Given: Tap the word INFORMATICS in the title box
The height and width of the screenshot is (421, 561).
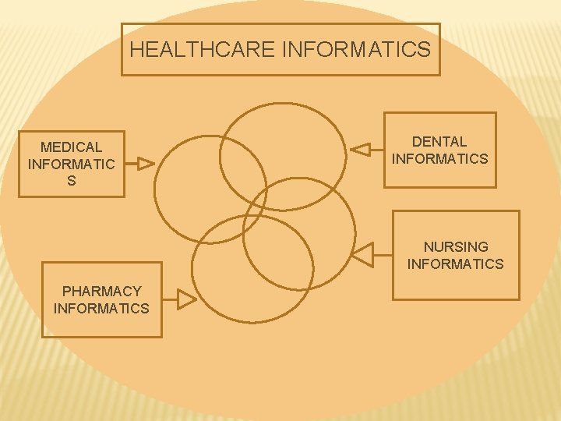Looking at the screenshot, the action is pos(355,50).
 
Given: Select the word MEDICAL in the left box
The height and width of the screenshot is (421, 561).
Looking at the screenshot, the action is pos(71,147).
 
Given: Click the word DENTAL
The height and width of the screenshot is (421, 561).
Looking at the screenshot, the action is pos(439,141).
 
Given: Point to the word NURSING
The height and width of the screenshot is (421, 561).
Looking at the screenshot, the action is pos(456,246).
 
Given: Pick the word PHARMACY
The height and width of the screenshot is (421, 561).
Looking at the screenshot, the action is pos(101,291).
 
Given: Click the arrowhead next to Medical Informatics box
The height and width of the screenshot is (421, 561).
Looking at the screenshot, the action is pos(146,164).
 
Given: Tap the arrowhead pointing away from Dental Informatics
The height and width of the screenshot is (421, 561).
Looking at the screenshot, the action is pos(360,148).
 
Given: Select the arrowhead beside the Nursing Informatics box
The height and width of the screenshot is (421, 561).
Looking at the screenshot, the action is pos(363,253).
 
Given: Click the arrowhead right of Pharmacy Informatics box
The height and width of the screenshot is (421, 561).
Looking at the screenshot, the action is pos(186,299).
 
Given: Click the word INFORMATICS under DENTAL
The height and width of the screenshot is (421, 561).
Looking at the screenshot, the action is pos(439,159).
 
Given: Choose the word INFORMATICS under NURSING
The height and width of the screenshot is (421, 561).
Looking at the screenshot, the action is pos(456,264).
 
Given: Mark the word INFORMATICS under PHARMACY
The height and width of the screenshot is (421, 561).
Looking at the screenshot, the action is pos(101,308).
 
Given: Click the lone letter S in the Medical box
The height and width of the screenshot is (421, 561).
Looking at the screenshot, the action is pos(72,181).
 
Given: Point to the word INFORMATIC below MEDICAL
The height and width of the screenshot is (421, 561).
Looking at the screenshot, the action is pos(71,164).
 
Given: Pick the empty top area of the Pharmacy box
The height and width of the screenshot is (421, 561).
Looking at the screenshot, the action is pos(101,273).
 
